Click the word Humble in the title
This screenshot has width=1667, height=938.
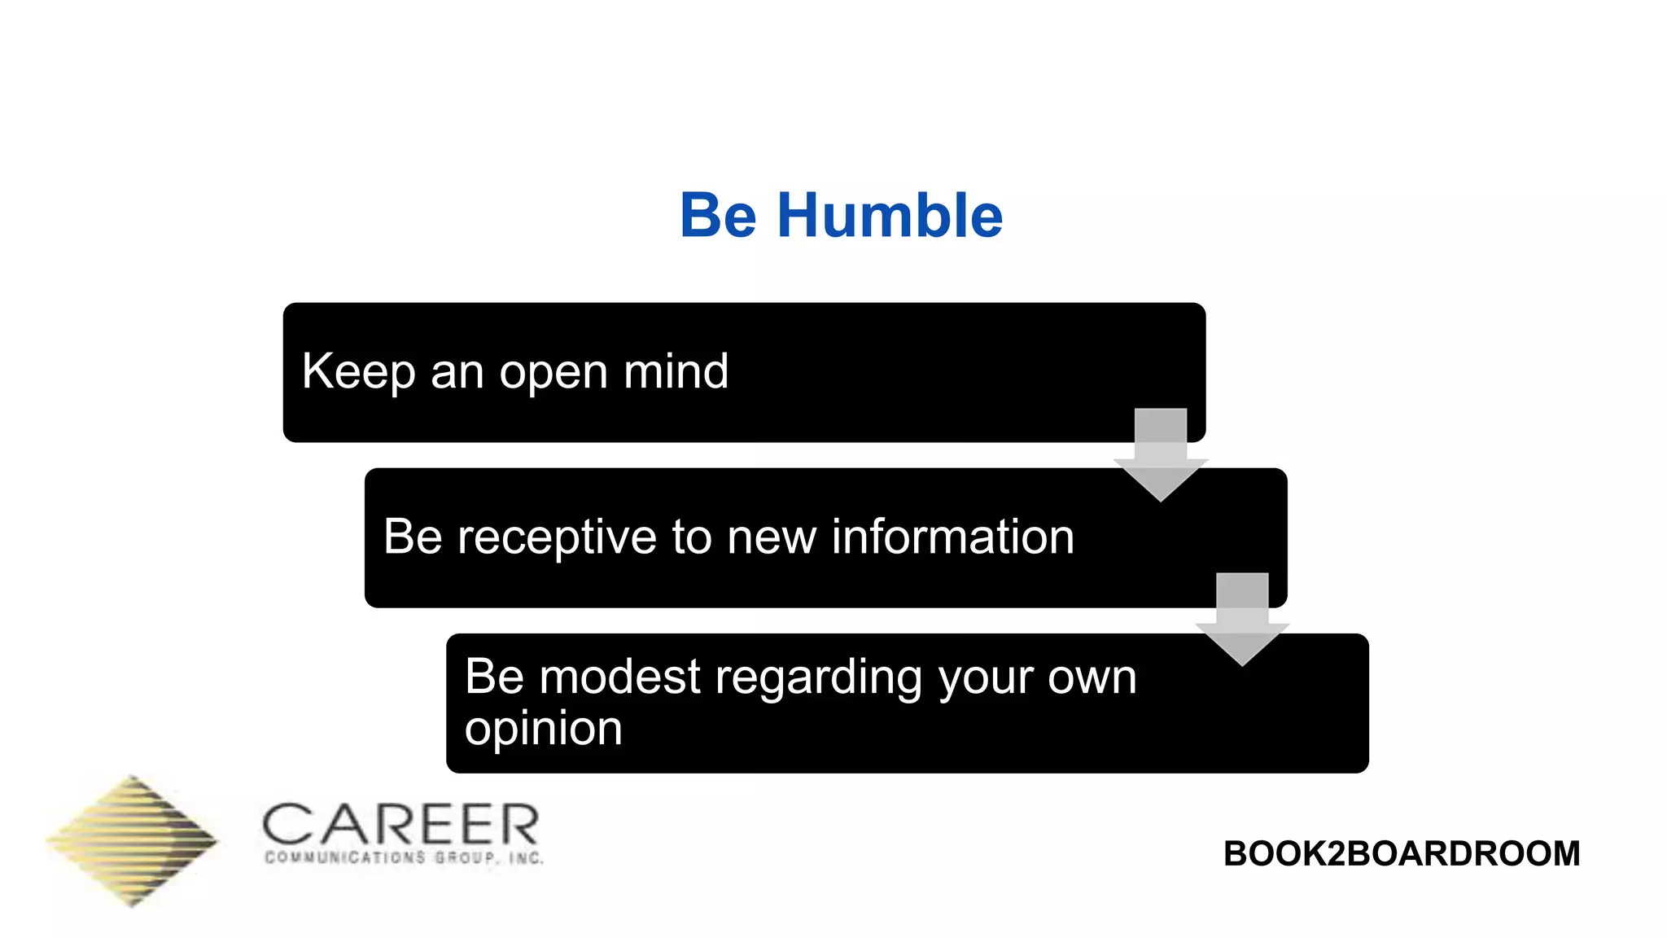[890, 216]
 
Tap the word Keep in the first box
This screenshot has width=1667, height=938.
[358, 372]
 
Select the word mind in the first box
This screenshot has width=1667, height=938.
[676, 372]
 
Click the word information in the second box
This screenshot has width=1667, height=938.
[952, 537]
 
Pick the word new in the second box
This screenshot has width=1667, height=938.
[771, 538]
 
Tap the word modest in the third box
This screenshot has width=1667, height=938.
[619, 677]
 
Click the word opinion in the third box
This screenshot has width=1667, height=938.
[543, 729]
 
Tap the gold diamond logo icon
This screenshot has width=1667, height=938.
[132, 841]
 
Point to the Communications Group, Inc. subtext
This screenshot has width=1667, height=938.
[404, 857]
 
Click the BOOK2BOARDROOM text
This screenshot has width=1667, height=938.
[1401, 853]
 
